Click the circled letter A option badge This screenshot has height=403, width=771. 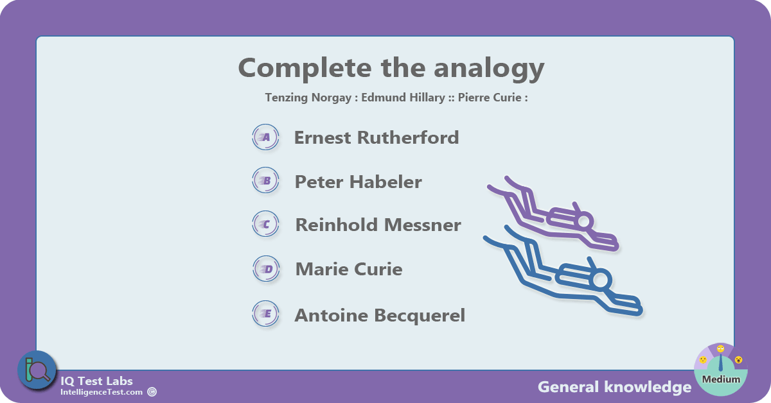pos(265,137)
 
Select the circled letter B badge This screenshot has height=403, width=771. pos(265,180)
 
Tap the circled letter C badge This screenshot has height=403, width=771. pos(265,224)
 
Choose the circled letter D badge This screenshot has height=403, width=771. pos(266,268)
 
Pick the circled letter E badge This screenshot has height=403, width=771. pos(265,314)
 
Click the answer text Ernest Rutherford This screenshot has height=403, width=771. pos(377,137)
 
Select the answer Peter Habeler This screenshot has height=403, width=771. pos(358,182)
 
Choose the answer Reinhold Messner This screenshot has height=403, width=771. pos(378,225)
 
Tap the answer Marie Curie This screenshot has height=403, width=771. pos(349,269)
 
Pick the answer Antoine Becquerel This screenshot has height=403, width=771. pos(380,315)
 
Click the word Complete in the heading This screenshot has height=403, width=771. pos(305,69)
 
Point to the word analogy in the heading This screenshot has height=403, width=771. pos(489,69)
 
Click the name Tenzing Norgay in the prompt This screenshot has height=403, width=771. pos(308,98)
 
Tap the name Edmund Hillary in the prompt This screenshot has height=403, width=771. pos(403,98)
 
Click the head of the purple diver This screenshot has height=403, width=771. pos(584,221)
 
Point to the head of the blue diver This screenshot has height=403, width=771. pos(600,280)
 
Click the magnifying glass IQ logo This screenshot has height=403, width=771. pos(37,370)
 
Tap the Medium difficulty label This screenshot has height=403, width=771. pos(721,379)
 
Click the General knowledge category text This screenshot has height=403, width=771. pos(615,387)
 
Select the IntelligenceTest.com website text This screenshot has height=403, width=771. pos(102,392)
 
